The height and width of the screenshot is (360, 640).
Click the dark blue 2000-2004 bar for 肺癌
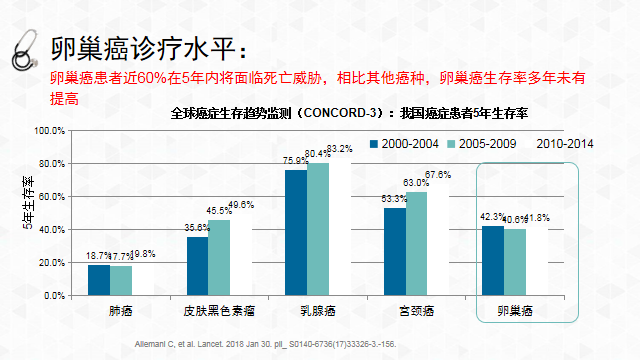tap(98, 279)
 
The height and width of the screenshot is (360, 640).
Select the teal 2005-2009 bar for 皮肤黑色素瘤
tap(219, 257)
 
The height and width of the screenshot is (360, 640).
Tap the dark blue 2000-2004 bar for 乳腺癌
tap(296, 232)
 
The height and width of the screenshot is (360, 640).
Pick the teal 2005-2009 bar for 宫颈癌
tap(415, 243)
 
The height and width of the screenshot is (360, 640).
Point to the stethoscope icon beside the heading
tap(24, 49)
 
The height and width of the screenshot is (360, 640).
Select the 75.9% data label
tap(295, 160)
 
